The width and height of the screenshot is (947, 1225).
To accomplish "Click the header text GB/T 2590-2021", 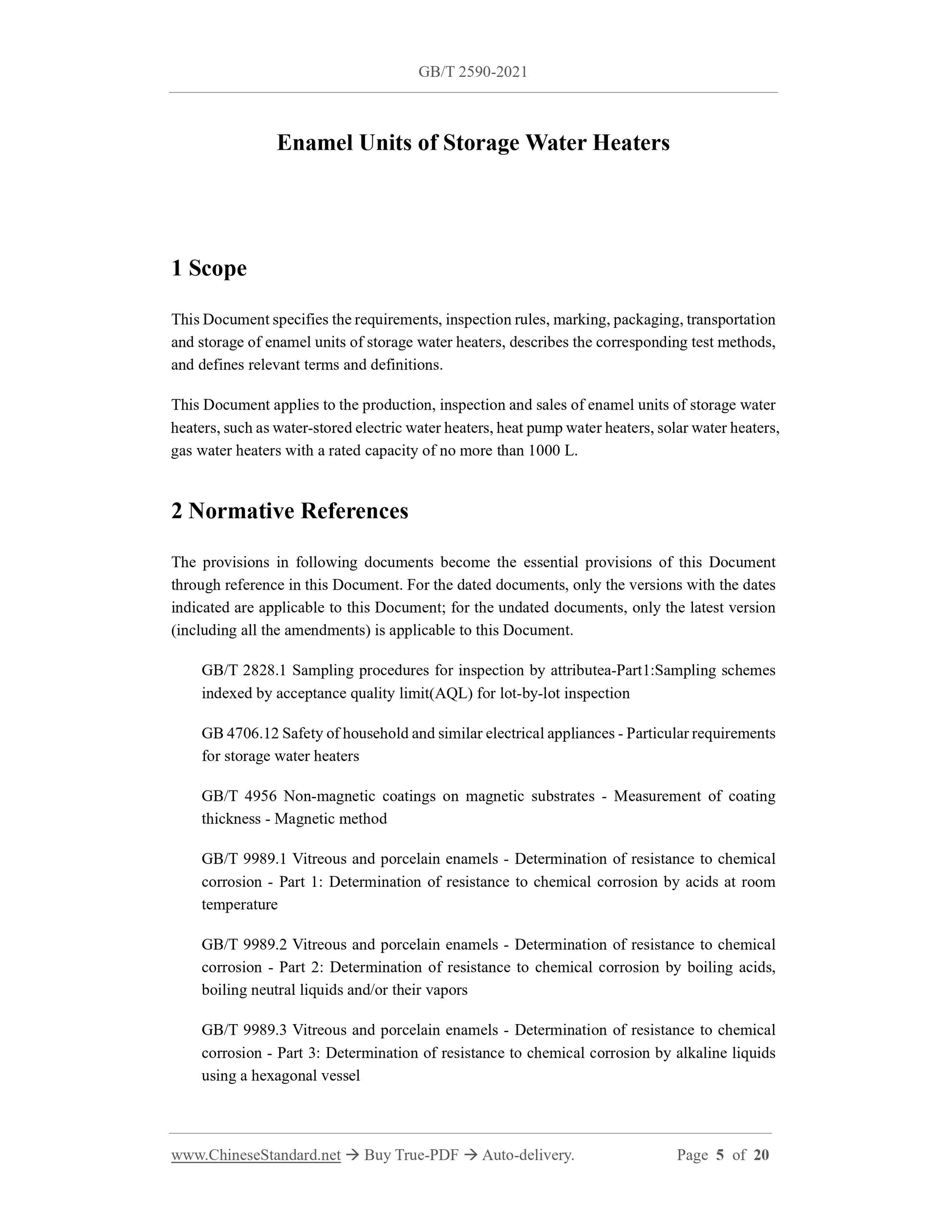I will click(473, 72).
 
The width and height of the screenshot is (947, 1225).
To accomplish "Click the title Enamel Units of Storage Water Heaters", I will click(473, 143).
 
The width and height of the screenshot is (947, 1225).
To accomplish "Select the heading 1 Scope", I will click(209, 268).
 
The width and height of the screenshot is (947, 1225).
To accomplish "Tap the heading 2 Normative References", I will click(290, 511).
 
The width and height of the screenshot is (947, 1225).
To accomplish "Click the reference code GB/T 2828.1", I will click(244, 670).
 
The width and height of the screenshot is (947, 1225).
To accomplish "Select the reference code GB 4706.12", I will click(240, 733).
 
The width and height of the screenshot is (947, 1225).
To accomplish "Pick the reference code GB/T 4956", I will click(239, 796).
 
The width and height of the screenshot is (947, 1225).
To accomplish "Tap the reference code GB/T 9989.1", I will click(244, 859).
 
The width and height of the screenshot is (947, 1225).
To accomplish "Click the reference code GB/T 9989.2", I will click(244, 945).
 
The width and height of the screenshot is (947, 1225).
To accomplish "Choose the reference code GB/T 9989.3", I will click(244, 1030).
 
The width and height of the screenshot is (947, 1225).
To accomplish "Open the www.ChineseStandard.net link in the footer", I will click(256, 1155).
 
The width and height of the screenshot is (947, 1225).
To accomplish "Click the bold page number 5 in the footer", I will click(720, 1155).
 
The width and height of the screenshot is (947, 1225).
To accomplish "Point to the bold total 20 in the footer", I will click(761, 1155).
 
